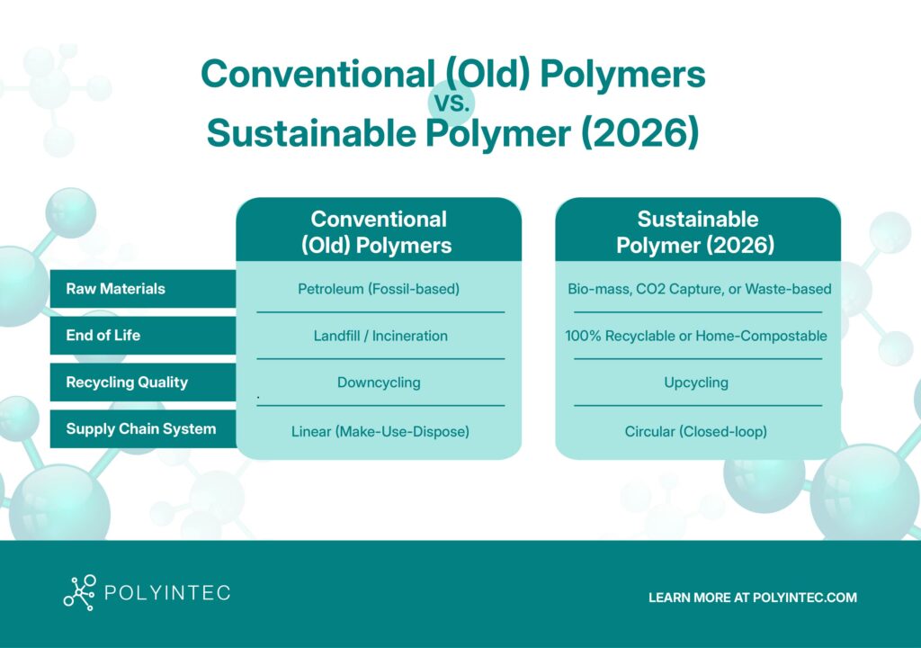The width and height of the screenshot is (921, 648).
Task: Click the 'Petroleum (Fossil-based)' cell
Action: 379,289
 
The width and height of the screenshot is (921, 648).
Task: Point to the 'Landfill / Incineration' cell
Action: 380,336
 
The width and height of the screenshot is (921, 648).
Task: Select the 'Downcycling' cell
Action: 379,382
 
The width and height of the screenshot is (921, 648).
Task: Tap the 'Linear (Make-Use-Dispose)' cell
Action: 380,432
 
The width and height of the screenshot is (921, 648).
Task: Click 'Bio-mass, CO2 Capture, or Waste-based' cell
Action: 700,289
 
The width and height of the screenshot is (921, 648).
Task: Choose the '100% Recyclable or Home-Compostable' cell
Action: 696,336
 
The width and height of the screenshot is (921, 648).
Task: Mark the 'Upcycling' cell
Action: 696,382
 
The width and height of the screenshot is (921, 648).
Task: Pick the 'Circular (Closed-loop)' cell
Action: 696,432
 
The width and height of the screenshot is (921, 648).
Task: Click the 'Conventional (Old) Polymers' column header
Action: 379,231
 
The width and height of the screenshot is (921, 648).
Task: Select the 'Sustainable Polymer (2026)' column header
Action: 697,231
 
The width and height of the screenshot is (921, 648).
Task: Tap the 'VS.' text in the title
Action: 452,103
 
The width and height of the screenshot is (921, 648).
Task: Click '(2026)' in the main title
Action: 640,133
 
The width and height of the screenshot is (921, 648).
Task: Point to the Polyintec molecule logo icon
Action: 79,593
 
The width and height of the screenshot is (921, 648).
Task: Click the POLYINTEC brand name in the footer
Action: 167,593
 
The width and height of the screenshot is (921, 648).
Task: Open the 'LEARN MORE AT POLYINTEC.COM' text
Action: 753,598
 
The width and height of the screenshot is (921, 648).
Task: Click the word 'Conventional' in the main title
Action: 317,74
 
